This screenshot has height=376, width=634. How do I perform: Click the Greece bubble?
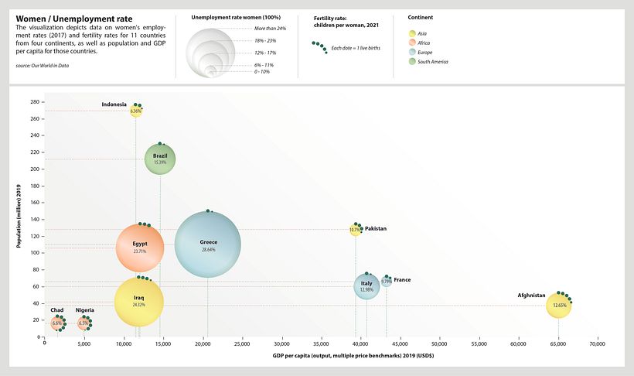tap(207, 244)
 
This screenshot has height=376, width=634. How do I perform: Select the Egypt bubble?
tap(140, 248)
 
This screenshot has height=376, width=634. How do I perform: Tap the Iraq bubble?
tap(138, 303)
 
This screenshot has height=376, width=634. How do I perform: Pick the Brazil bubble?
tap(160, 160)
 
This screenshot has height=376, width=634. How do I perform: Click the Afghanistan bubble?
tap(558, 306)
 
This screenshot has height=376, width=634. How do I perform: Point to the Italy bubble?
tap(366, 286)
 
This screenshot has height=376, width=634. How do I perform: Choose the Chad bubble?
tap(58, 323)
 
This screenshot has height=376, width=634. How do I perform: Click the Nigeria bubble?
tap(84, 323)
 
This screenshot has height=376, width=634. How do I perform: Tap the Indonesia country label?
tap(114, 104)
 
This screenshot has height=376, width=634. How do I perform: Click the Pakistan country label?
tap(376, 229)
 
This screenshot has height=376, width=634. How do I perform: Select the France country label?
tap(402, 279)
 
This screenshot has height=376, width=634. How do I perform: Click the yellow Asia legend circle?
tap(412, 33)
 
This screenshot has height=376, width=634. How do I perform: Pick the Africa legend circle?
tap(412, 43)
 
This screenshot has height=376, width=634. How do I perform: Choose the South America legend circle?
tap(412, 61)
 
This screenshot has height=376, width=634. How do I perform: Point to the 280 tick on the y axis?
tap(36, 102)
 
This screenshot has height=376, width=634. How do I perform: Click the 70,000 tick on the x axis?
tap(596, 344)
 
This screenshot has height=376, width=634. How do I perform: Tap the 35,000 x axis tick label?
tap(322, 344)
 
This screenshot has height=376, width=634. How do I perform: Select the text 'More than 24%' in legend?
tap(270, 29)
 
